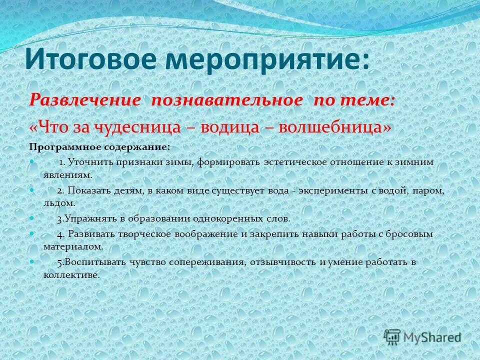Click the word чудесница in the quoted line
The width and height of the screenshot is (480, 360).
pos(135,126)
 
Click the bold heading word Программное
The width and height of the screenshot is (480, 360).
pos(65,147)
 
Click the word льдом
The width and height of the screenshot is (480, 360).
pos(59,203)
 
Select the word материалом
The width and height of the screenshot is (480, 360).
pos(73,246)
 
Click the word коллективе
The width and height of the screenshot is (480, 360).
pos(71,274)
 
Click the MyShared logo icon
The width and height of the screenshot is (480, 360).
pos(393,337)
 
